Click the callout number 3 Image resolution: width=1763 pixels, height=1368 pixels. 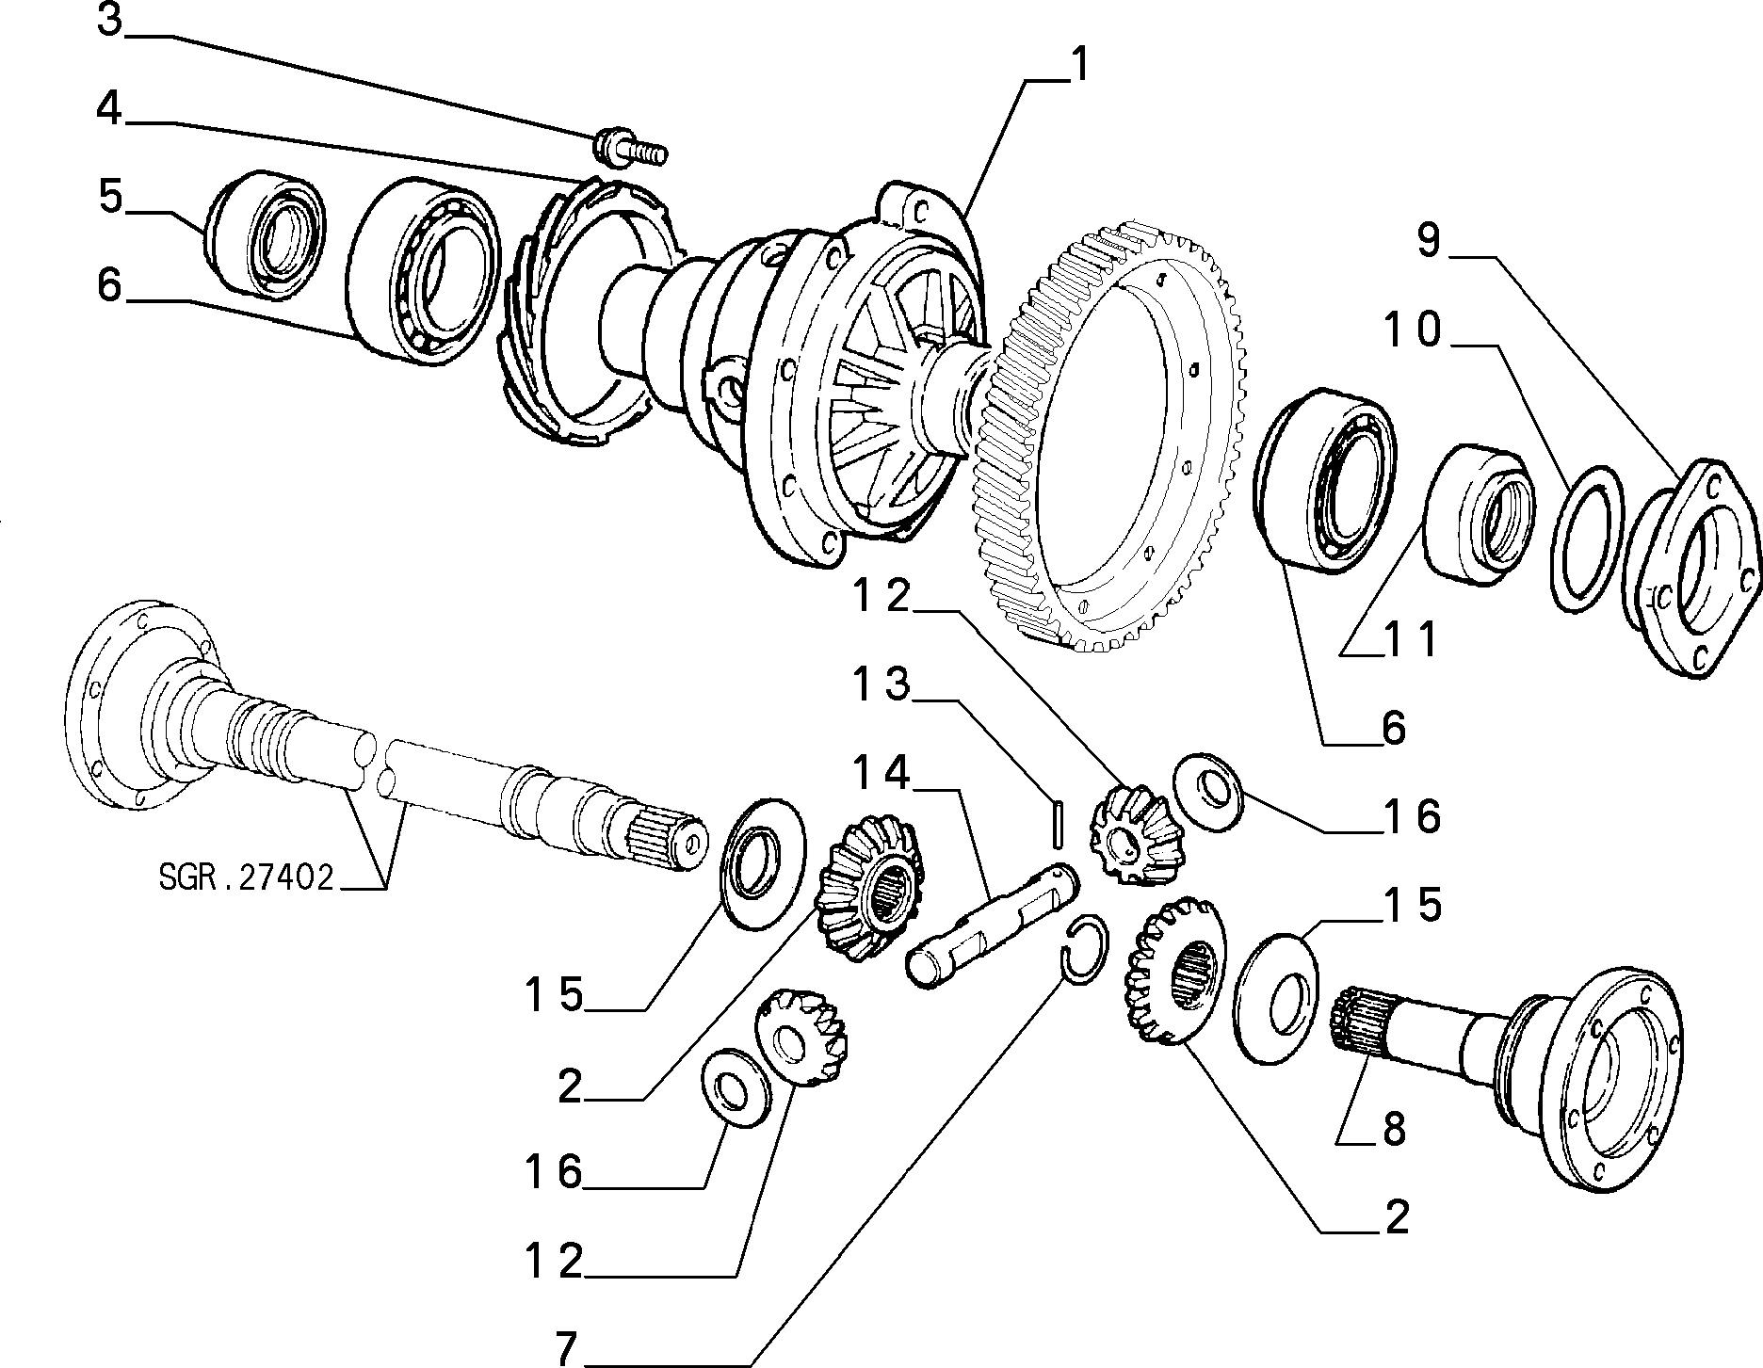110,21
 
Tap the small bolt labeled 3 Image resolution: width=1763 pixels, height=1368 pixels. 628,148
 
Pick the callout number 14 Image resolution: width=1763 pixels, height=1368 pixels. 883,773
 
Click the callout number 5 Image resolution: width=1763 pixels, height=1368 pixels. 110,199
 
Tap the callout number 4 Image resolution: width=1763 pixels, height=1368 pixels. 110,109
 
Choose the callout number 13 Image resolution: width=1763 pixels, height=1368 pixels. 883,684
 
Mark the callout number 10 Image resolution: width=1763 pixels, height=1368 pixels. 1412,330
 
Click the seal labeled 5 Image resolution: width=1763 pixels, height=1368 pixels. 266,233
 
